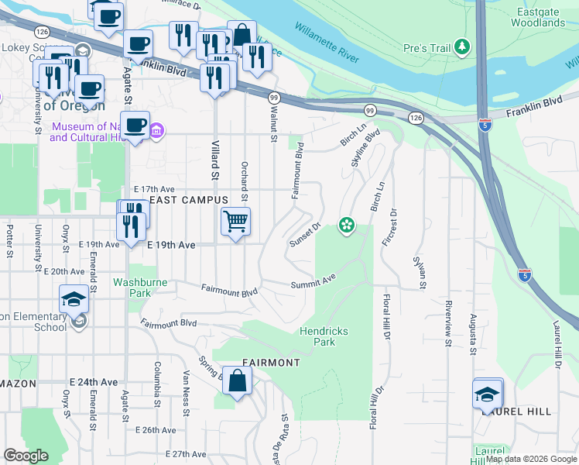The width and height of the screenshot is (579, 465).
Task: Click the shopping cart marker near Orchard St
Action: tap(235, 221)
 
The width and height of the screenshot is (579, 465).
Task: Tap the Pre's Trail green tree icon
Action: tap(463, 47)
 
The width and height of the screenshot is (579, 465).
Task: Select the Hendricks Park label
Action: tap(324, 336)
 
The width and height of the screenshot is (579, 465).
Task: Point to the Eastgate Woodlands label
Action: tap(538, 17)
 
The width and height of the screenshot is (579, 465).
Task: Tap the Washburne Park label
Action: tap(140, 288)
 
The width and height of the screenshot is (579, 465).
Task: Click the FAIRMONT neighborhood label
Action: tap(271, 362)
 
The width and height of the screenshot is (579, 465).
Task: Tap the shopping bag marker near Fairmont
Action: tap(238, 381)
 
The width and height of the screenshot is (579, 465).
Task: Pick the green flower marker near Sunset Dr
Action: tap(346, 226)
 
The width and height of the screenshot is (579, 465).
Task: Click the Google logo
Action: tap(26, 456)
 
